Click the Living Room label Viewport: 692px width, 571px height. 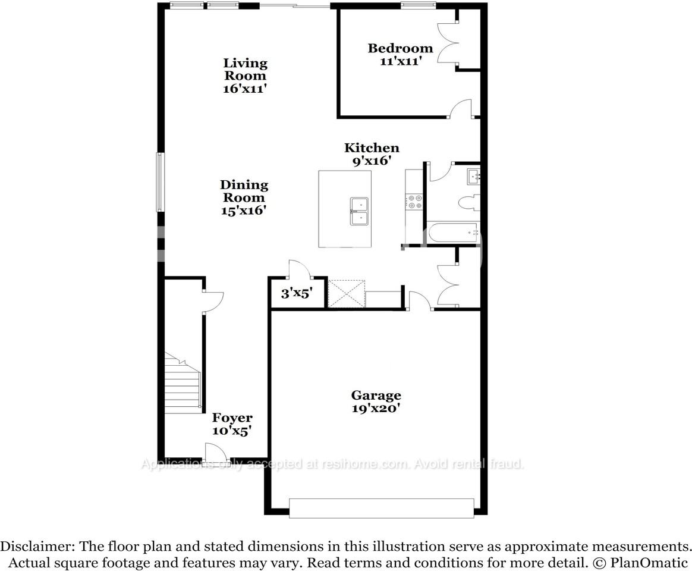pos(245,76)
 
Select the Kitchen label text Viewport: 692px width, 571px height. pos(372,154)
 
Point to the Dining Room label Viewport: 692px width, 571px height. pos(244,197)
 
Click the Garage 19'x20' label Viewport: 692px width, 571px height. pos(376,401)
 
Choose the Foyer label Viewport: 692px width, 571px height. pos(232,424)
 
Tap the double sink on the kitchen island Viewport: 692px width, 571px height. pos(359,211)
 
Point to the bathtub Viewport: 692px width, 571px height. pos(453,233)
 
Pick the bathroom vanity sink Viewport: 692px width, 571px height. pos(473,176)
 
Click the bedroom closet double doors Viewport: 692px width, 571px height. pos(446,43)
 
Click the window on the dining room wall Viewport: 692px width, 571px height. pos(160,182)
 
